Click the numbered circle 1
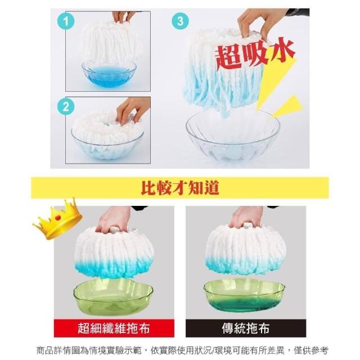tap(66, 21)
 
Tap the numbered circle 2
tap(66, 107)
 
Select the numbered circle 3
tap(181, 21)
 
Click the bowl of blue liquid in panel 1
tap(109, 74)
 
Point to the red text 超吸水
tap(254, 54)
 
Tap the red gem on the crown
tap(58, 217)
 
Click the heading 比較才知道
tap(180, 188)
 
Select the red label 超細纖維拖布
tap(114, 328)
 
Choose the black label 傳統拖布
tap(246, 328)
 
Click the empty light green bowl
tap(113, 297)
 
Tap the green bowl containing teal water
tap(244, 295)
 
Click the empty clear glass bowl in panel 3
tap(233, 136)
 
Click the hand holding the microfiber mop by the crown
tap(114, 219)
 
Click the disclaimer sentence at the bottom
tap(182, 350)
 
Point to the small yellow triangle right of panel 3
tap(289, 106)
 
